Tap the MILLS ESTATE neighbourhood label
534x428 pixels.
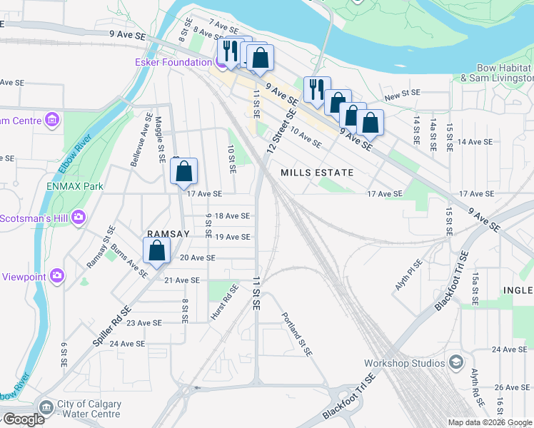pyautogui.click(x=317, y=173)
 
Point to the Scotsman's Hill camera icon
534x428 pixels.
pyautogui.click(x=79, y=217)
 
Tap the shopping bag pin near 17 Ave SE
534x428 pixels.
pyautogui.click(x=184, y=171)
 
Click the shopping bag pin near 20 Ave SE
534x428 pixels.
pyautogui.click(x=157, y=251)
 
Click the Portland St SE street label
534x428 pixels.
pyautogui.click(x=297, y=335)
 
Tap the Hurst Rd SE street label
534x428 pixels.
pyautogui.click(x=223, y=301)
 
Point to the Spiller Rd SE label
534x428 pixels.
pyautogui.click(x=113, y=327)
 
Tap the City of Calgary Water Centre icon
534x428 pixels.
pyautogui.click(x=46, y=408)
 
